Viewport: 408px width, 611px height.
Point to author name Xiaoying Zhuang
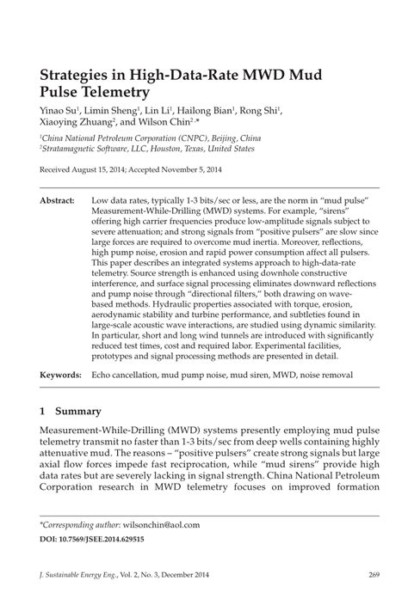coord(77,124)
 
